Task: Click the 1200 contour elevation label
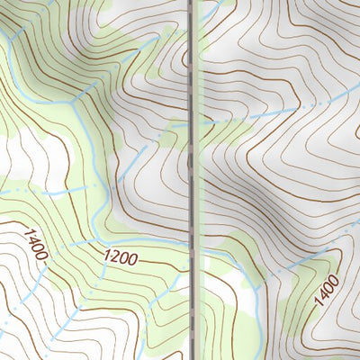[121, 257]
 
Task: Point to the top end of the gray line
[192, 2]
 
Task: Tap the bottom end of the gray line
[193, 357]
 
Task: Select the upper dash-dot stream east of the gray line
[270, 112]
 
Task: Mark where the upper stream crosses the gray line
[192, 123]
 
